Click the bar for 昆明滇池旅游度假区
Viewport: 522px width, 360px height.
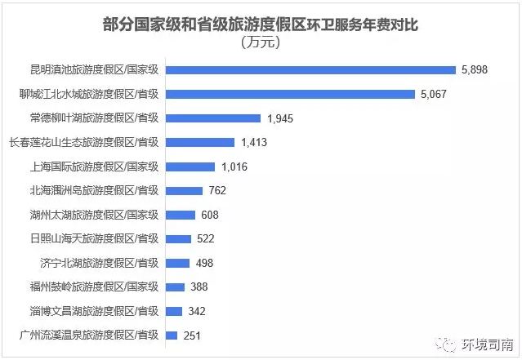click(310, 70)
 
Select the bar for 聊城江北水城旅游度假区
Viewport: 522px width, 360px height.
click(290, 94)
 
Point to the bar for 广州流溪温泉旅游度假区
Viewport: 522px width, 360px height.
click(172, 335)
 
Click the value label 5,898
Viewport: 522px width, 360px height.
click(474, 70)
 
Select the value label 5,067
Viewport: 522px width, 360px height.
click(434, 94)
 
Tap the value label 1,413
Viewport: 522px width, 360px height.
click(254, 143)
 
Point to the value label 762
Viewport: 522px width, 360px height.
click(216, 191)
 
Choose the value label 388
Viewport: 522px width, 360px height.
click(199, 287)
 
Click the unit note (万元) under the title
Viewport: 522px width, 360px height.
click(261, 42)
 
